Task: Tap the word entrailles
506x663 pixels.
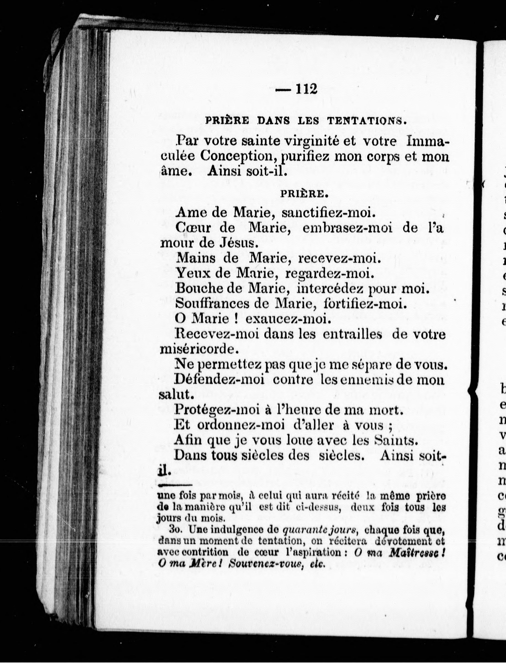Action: coord(352,334)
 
